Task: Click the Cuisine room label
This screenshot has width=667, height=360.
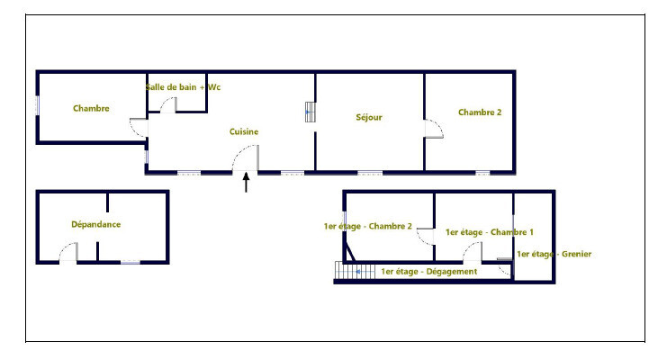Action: click(244, 131)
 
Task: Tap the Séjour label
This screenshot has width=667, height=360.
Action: click(369, 117)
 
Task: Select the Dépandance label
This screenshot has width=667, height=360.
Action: click(95, 224)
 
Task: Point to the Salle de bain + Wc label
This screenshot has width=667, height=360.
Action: click(183, 87)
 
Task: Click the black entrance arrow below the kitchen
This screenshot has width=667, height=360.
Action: click(246, 182)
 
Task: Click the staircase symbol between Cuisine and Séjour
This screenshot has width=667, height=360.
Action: click(311, 112)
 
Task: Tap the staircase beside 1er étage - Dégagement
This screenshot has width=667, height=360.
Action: click(355, 271)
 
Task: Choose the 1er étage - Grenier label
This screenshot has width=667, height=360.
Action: click(554, 254)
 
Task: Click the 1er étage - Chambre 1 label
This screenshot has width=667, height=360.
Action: click(489, 232)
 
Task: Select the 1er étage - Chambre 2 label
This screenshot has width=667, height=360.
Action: click(368, 226)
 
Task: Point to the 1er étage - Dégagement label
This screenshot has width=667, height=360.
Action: click(428, 272)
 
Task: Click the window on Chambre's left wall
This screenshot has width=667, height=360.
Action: click(38, 105)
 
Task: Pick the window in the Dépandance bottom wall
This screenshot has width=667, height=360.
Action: click(131, 262)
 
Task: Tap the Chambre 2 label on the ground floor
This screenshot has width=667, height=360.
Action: click(480, 112)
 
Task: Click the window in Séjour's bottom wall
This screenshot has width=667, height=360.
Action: click(370, 173)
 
